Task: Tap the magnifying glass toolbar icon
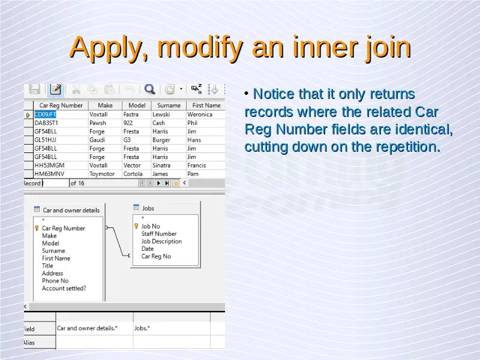(x=149, y=89)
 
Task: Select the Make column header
(x=106, y=106)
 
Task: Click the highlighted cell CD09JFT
(x=46, y=115)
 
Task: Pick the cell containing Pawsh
(x=98, y=123)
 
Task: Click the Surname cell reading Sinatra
(x=161, y=166)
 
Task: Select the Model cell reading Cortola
(x=133, y=174)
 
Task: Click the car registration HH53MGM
(x=49, y=166)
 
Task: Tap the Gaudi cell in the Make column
(x=97, y=140)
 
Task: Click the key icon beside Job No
(x=136, y=226)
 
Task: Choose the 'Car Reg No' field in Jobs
(x=156, y=256)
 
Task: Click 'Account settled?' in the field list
(x=64, y=289)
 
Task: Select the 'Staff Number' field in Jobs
(x=159, y=233)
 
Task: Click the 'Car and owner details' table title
(x=71, y=211)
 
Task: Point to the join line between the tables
(x=118, y=242)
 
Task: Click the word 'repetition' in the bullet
(x=408, y=147)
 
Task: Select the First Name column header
(x=206, y=106)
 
